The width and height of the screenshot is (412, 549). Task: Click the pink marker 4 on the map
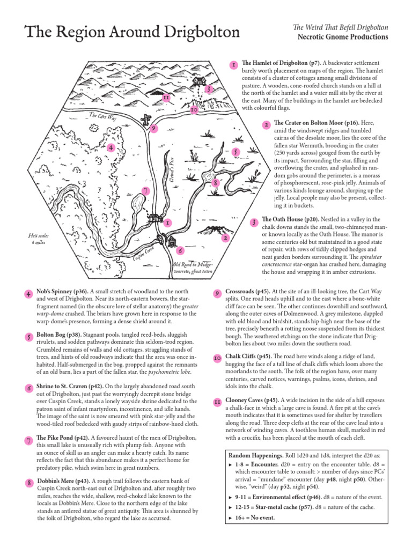coord(110,147)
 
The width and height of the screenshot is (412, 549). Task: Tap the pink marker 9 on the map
coord(154,129)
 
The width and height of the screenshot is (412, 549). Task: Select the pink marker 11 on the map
coord(166,98)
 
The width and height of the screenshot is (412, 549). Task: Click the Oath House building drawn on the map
coord(199,81)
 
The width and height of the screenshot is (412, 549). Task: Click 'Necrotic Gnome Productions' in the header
coord(342,37)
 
